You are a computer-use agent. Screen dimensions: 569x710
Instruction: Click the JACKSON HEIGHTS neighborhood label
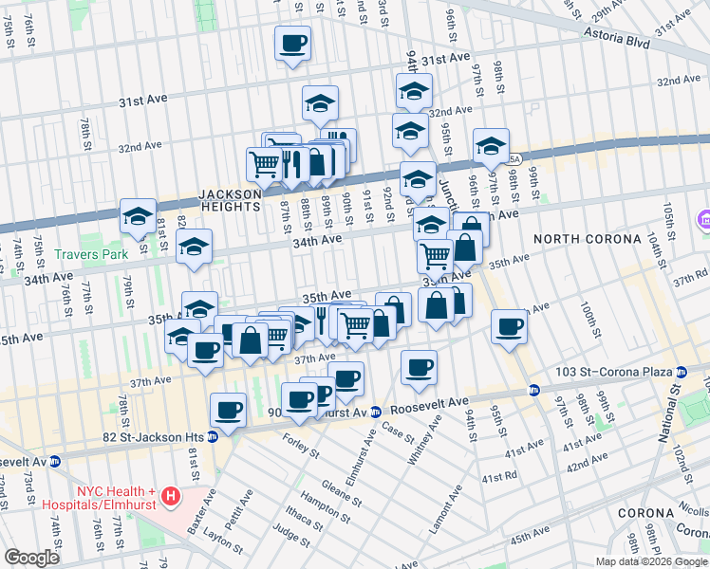click(229, 200)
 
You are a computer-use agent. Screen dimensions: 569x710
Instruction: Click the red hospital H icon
click(170, 495)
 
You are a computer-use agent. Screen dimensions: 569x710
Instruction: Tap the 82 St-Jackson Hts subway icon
click(213, 436)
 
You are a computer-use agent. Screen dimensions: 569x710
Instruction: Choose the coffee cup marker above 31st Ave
click(292, 44)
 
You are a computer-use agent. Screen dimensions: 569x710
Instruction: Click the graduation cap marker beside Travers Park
click(138, 216)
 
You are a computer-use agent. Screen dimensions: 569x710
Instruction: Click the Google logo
click(31, 558)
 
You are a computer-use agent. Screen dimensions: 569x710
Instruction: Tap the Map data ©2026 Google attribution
click(651, 561)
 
